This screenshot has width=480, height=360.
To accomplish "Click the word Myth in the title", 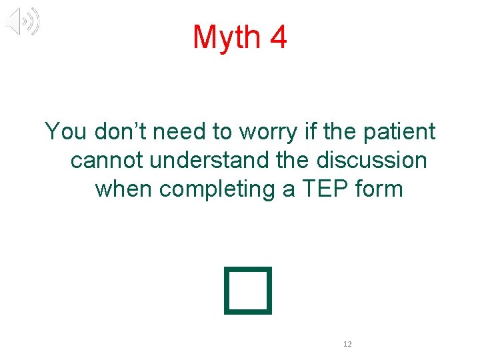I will (226, 37).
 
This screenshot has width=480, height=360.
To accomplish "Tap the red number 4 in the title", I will (279, 37).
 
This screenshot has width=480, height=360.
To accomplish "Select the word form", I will (379, 189).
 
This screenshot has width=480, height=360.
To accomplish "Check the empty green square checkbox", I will (249, 290).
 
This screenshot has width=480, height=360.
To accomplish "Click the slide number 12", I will (347, 344).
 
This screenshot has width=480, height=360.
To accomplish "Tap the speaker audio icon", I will (23, 21).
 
